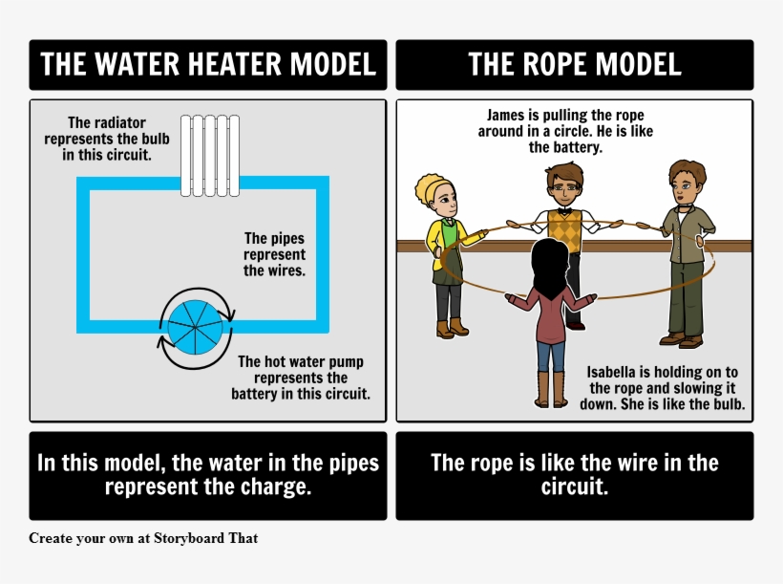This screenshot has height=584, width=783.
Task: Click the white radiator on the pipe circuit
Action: pos(210,156)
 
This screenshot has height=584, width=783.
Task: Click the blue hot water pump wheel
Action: pos(195,328)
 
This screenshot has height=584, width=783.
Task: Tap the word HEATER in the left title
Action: pos(234,64)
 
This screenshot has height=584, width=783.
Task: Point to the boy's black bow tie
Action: pos(564,211)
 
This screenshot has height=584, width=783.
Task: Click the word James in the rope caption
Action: pos(505,115)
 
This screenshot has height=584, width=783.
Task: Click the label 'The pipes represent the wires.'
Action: pos(274,254)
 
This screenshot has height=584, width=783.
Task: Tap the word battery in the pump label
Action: pos(254,394)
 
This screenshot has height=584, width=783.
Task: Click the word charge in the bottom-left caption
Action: pos(278,486)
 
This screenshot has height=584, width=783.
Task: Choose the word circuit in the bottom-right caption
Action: pos(574,486)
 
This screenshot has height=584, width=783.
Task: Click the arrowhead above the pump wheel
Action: pos(229,315)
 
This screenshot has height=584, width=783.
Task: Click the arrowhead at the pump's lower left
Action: pos(162,341)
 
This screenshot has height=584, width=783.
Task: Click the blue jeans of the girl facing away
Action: pos(551,356)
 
